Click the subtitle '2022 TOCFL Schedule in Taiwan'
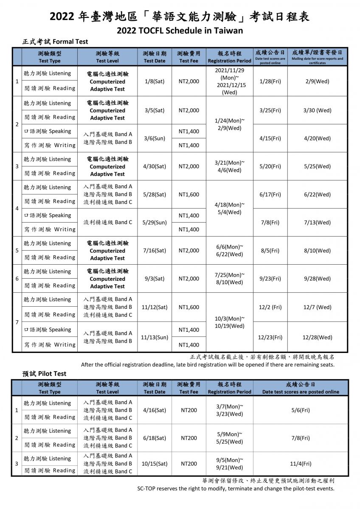tap(180, 31)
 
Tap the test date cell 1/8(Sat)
tap(154, 81)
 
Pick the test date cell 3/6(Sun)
tap(154, 138)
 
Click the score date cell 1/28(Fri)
tap(270, 81)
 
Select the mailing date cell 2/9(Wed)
tap(317, 81)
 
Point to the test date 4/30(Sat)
tap(154, 166)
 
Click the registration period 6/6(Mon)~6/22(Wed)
tap(230, 250)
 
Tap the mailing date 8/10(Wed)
tap(317, 251)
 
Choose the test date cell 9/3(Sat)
tap(154, 279)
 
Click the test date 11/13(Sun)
tap(154, 337)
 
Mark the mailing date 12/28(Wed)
tap(317, 337)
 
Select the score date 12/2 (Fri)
tap(270, 307)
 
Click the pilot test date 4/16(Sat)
tap(154, 410)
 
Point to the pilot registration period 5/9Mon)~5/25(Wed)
tap(230, 438)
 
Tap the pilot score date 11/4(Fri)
tap(301, 464)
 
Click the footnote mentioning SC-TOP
tap(236, 489)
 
